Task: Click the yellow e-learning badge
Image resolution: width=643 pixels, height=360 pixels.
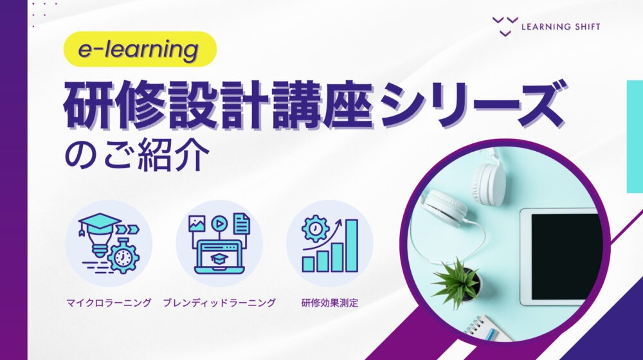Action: point(140,50)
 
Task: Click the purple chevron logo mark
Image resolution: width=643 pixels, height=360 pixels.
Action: point(505,26)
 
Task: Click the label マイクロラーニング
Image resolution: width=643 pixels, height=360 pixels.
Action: point(108,302)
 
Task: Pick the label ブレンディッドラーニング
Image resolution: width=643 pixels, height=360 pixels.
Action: point(219,302)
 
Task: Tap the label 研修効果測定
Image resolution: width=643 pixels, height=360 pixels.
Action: point(330,302)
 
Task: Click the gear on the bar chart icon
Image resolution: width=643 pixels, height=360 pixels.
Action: point(316,229)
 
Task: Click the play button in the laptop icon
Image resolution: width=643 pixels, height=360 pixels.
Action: point(219,223)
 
